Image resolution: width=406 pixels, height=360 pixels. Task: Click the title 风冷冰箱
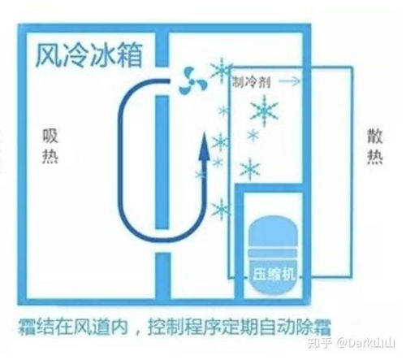click(89, 55)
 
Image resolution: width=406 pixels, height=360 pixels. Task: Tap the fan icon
click(192, 81)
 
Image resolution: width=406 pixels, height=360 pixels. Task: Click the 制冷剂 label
click(252, 81)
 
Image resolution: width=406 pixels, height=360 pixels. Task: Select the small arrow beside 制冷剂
click(290, 81)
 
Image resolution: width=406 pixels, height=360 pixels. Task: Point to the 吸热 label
click(50, 146)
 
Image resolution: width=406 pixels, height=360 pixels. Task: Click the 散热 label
click(375, 146)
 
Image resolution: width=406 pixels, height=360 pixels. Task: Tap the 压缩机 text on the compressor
click(274, 274)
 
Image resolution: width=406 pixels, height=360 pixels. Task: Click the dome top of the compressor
click(273, 230)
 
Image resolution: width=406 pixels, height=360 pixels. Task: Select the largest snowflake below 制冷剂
click(264, 111)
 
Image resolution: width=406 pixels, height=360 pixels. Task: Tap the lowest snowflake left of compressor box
click(222, 210)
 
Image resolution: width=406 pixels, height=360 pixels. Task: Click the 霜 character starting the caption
click(28, 327)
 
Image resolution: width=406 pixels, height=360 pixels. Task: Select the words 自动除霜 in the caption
click(296, 327)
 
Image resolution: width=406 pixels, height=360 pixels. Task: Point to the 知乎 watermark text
click(320, 343)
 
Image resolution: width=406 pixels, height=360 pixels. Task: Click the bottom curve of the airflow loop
click(162, 240)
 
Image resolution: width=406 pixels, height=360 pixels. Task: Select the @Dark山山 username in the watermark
click(366, 343)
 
